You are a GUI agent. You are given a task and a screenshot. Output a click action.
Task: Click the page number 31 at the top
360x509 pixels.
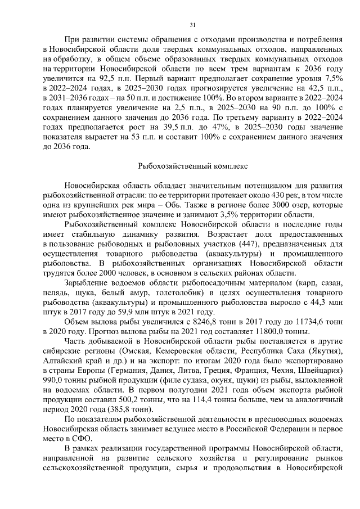click(x=193, y=25)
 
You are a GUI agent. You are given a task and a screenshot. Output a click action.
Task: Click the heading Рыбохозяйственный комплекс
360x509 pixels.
click(x=193, y=166)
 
